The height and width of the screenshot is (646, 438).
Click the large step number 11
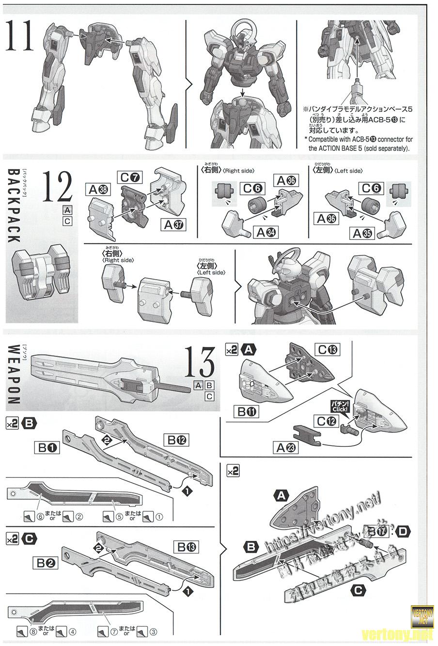[x=20, y=36]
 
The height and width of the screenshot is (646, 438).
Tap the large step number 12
[x=57, y=188]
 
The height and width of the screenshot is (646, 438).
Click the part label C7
[x=129, y=177]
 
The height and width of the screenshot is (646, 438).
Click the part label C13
[x=327, y=349]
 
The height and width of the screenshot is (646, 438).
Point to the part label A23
[x=286, y=448]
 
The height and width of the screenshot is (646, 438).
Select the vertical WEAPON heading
[x=14, y=374]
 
